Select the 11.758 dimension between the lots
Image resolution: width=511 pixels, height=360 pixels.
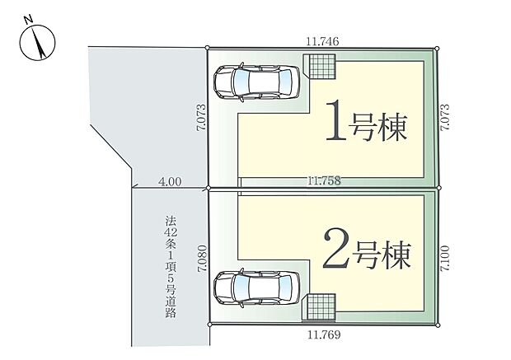(324, 180)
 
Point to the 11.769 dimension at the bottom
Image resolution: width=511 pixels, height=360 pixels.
(324, 335)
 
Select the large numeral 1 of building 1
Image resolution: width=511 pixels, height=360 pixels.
(335, 123)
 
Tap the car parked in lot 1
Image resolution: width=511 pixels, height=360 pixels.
(256, 81)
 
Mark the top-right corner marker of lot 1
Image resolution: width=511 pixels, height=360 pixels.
(438, 48)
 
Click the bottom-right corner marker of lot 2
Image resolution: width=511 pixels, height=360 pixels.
(438, 324)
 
